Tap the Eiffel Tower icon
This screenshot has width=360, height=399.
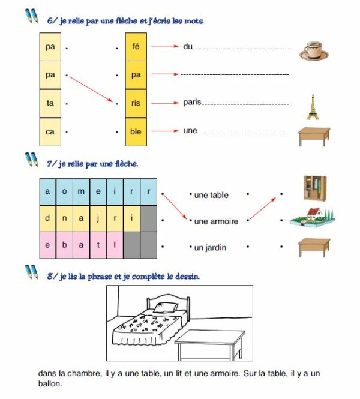tap(311, 106)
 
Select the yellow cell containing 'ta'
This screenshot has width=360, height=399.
tap(50, 103)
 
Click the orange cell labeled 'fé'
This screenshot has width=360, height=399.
tap(136, 46)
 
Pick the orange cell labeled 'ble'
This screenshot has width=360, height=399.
tap(136, 131)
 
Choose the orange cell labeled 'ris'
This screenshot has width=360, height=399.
tap(136, 103)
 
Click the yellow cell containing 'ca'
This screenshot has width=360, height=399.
tap(50, 131)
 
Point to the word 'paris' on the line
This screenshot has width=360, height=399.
tap(192, 103)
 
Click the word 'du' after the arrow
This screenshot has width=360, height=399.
tap(188, 46)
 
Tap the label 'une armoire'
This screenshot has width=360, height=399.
tap(216, 221)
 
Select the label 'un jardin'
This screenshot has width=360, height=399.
tap(209, 247)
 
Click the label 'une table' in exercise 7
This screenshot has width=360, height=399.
tap(211, 195)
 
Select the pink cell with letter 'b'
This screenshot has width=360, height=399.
tap(64, 245)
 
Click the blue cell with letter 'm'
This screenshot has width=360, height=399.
tap(81, 192)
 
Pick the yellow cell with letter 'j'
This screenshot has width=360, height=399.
tap(98, 218)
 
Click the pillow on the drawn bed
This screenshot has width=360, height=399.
tap(164, 308)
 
